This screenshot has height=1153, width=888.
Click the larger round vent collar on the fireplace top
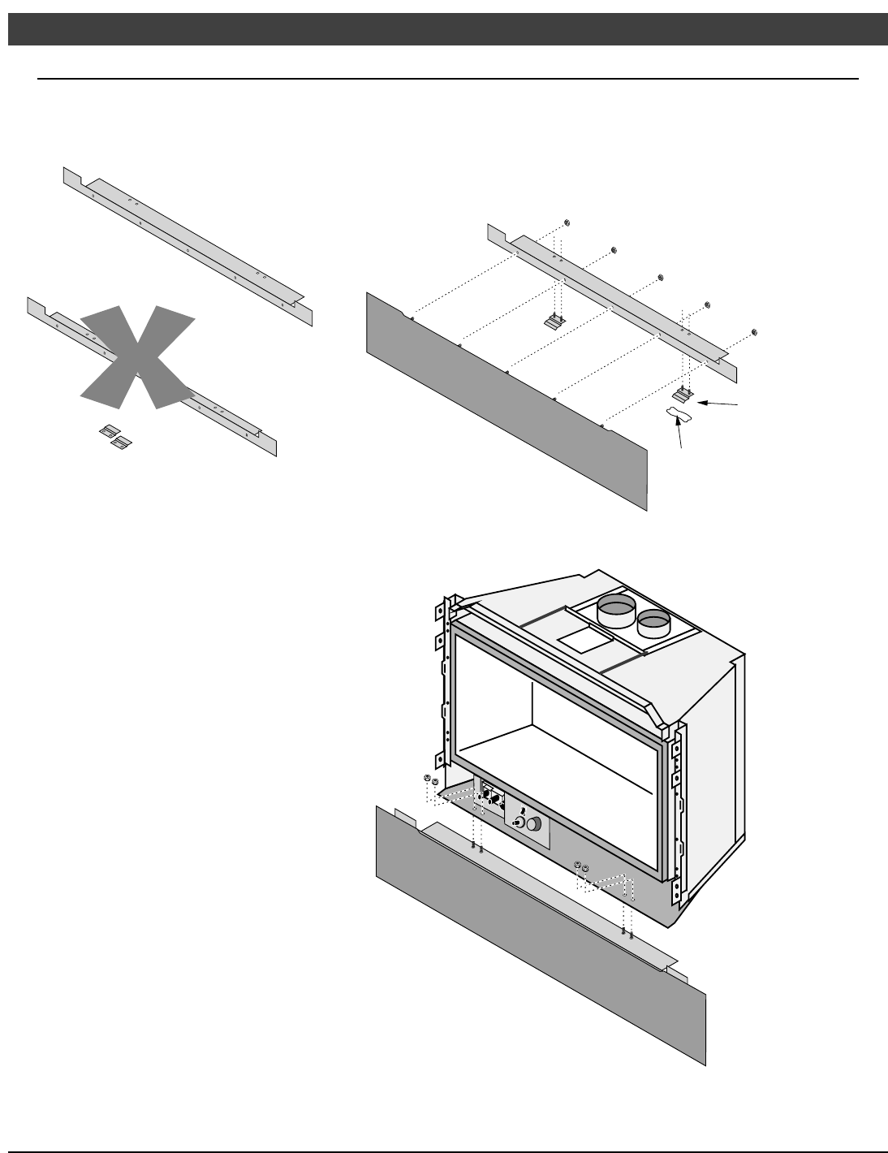(x=617, y=611)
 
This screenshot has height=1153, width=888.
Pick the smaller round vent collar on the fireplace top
(x=654, y=624)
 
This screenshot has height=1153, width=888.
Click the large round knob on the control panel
(x=533, y=825)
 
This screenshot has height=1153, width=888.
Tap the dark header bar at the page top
(x=444, y=28)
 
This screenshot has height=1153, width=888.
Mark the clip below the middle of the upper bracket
(x=553, y=322)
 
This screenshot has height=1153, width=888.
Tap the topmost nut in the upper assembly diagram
(x=567, y=222)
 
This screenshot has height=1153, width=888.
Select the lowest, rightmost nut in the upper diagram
(x=755, y=331)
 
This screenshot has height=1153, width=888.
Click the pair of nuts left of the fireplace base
(x=431, y=780)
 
